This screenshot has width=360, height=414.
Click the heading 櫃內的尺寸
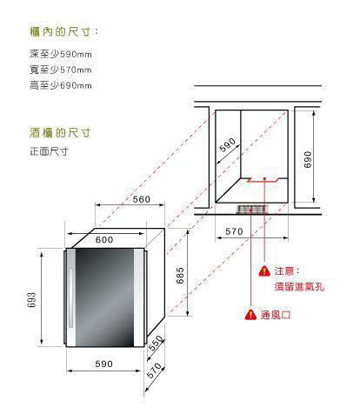tap(63, 31)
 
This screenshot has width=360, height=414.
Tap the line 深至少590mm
tap(61, 54)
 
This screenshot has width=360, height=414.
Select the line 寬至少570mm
tap(61, 70)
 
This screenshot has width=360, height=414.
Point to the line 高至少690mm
tap(61, 85)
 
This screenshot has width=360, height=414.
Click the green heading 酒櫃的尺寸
tap(60, 133)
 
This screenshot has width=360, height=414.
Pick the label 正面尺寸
tap(49, 151)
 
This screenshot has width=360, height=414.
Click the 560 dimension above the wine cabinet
tap(142, 199)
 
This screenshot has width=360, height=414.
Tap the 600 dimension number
tap(104, 240)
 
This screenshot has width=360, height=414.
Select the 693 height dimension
tap(32, 299)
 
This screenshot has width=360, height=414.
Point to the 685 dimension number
tap(180, 276)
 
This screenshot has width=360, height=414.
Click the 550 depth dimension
tap(156, 344)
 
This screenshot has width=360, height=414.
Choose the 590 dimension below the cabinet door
tap(103, 364)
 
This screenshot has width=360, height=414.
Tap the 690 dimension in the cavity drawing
tap(308, 159)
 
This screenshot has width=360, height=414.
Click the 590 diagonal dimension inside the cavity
tap(228, 145)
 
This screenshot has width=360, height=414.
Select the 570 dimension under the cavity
tap(234, 231)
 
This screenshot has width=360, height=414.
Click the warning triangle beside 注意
tap(264, 271)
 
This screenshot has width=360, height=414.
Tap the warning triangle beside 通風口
tap(250, 315)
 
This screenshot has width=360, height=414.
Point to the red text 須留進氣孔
tap(299, 287)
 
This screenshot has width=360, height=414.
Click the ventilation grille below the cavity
tap(251, 209)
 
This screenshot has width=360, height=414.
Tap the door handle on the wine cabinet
tap(71, 298)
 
